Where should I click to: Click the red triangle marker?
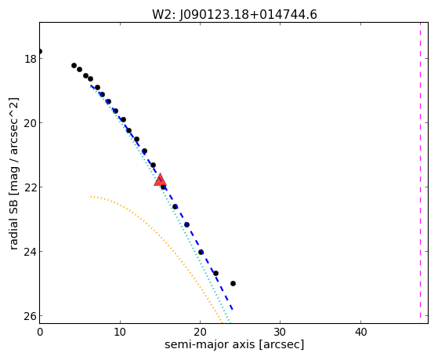[160, 180]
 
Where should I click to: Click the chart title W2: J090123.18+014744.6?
[234, 14]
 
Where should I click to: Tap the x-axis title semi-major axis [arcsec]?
[234, 344]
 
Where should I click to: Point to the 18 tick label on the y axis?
[30, 59]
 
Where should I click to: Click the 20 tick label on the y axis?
[30, 123]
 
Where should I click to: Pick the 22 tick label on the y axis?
[30, 187]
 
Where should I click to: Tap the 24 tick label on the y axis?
[30, 252]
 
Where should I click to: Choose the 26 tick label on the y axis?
[30, 316]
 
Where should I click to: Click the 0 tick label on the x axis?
[40, 332]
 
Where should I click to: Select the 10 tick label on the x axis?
[120, 332]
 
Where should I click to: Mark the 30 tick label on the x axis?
[281, 332]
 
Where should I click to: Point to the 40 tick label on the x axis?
[360, 332]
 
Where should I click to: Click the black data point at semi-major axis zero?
[40, 51]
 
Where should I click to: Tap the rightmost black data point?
[233, 283]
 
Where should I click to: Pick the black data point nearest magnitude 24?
[201, 252]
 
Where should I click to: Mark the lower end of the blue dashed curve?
[233, 310]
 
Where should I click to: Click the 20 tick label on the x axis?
[200, 332]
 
